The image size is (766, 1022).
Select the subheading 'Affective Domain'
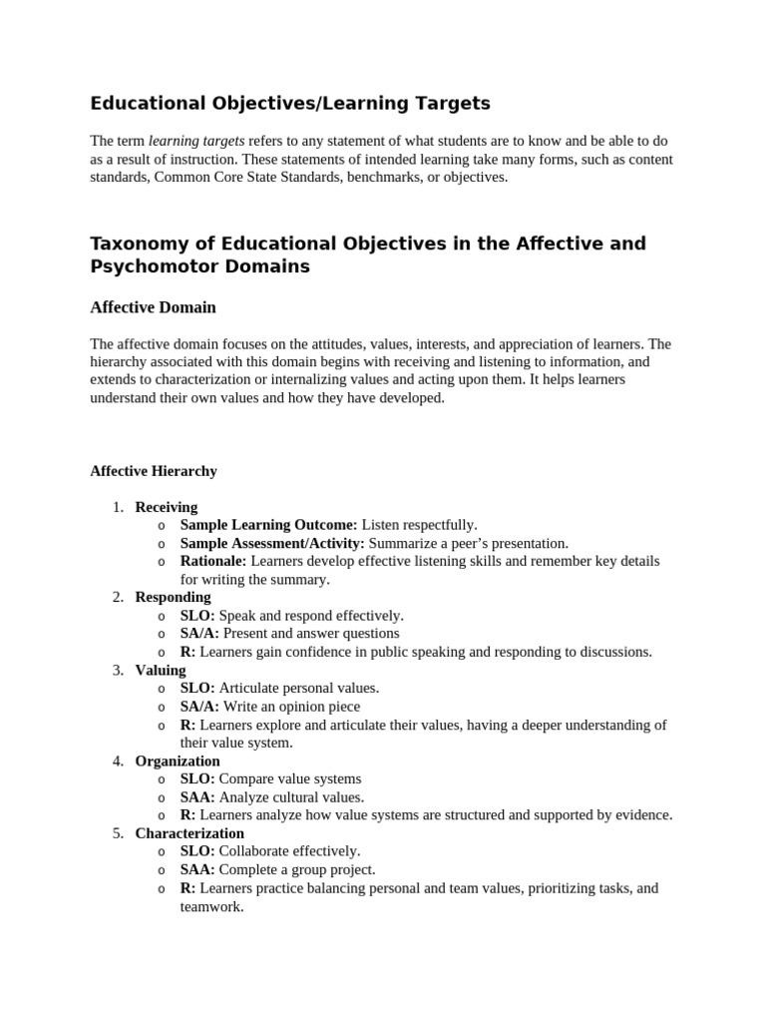[153, 307]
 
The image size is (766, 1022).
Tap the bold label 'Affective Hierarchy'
[153, 470]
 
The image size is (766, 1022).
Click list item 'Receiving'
[166, 506]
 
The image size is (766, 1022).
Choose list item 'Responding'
[173, 597]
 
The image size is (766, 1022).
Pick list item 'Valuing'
[160, 670]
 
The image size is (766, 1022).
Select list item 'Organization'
[178, 761]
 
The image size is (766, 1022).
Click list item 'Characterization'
[190, 832]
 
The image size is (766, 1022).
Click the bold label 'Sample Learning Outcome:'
[268, 524]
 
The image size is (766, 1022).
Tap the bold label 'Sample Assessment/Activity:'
[272, 543]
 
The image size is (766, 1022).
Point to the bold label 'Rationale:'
[212, 561]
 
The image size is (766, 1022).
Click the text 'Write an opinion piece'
[293, 706]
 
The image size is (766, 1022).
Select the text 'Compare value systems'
[290, 778]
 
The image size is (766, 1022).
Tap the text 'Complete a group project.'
[297, 869]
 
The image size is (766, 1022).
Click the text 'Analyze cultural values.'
[291, 796]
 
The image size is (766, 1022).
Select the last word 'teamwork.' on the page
[211, 907]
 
